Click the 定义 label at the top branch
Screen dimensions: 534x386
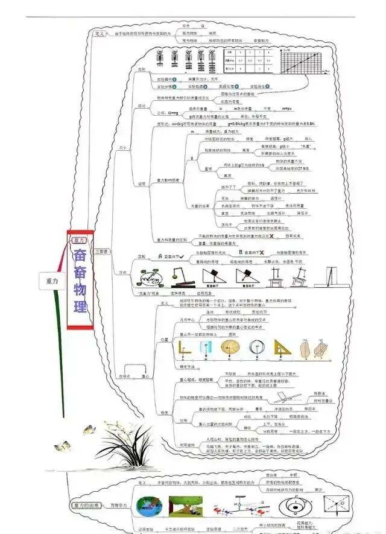coord(100,34)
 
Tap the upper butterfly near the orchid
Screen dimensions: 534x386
coord(89,430)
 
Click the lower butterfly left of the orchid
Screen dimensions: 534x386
coord(61,447)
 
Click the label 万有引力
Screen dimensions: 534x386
coord(118,504)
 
